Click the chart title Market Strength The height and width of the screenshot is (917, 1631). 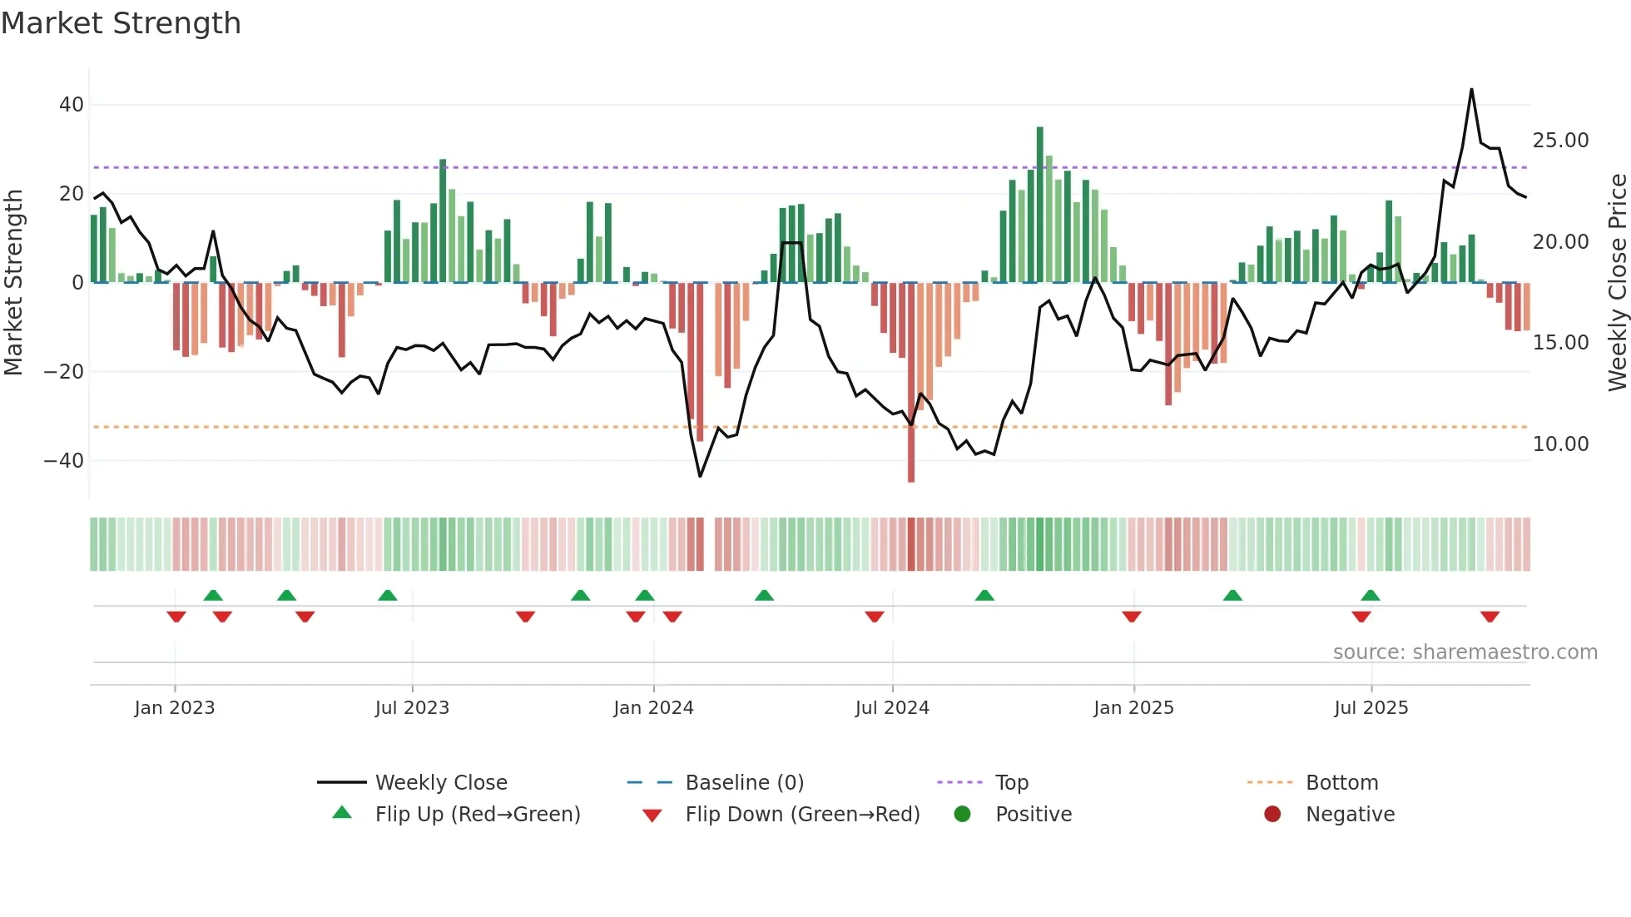(x=121, y=23)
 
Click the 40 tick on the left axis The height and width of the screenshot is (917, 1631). (x=72, y=105)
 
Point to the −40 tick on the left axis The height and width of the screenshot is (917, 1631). (x=64, y=460)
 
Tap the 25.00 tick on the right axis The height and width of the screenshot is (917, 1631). (x=1560, y=140)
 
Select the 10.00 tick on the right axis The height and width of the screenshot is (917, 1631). (x=1560, y=444)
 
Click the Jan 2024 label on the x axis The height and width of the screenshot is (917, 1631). (x=653, y=707)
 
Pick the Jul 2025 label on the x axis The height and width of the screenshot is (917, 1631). (x=1371, y=707)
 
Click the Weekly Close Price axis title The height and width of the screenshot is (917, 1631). (x=1617, y=283)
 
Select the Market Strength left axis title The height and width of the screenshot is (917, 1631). (x=13, y=283)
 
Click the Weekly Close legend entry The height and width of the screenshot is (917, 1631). (x=441, y=782)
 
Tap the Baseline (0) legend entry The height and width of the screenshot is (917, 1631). (x=744, y=782)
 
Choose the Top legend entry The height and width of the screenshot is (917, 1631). (x=1012, y=782)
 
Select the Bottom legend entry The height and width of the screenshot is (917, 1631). (x=1341, y=782)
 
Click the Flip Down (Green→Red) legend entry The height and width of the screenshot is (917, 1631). (x=802, y=814)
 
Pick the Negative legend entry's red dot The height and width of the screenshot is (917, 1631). (x=1272, y=814)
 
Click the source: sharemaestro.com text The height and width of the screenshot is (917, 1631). (x=1465, y=652)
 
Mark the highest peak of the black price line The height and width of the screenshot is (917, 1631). (x=1471, y=90)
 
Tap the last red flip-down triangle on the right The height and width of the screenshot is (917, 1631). (x=1490, y=617)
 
